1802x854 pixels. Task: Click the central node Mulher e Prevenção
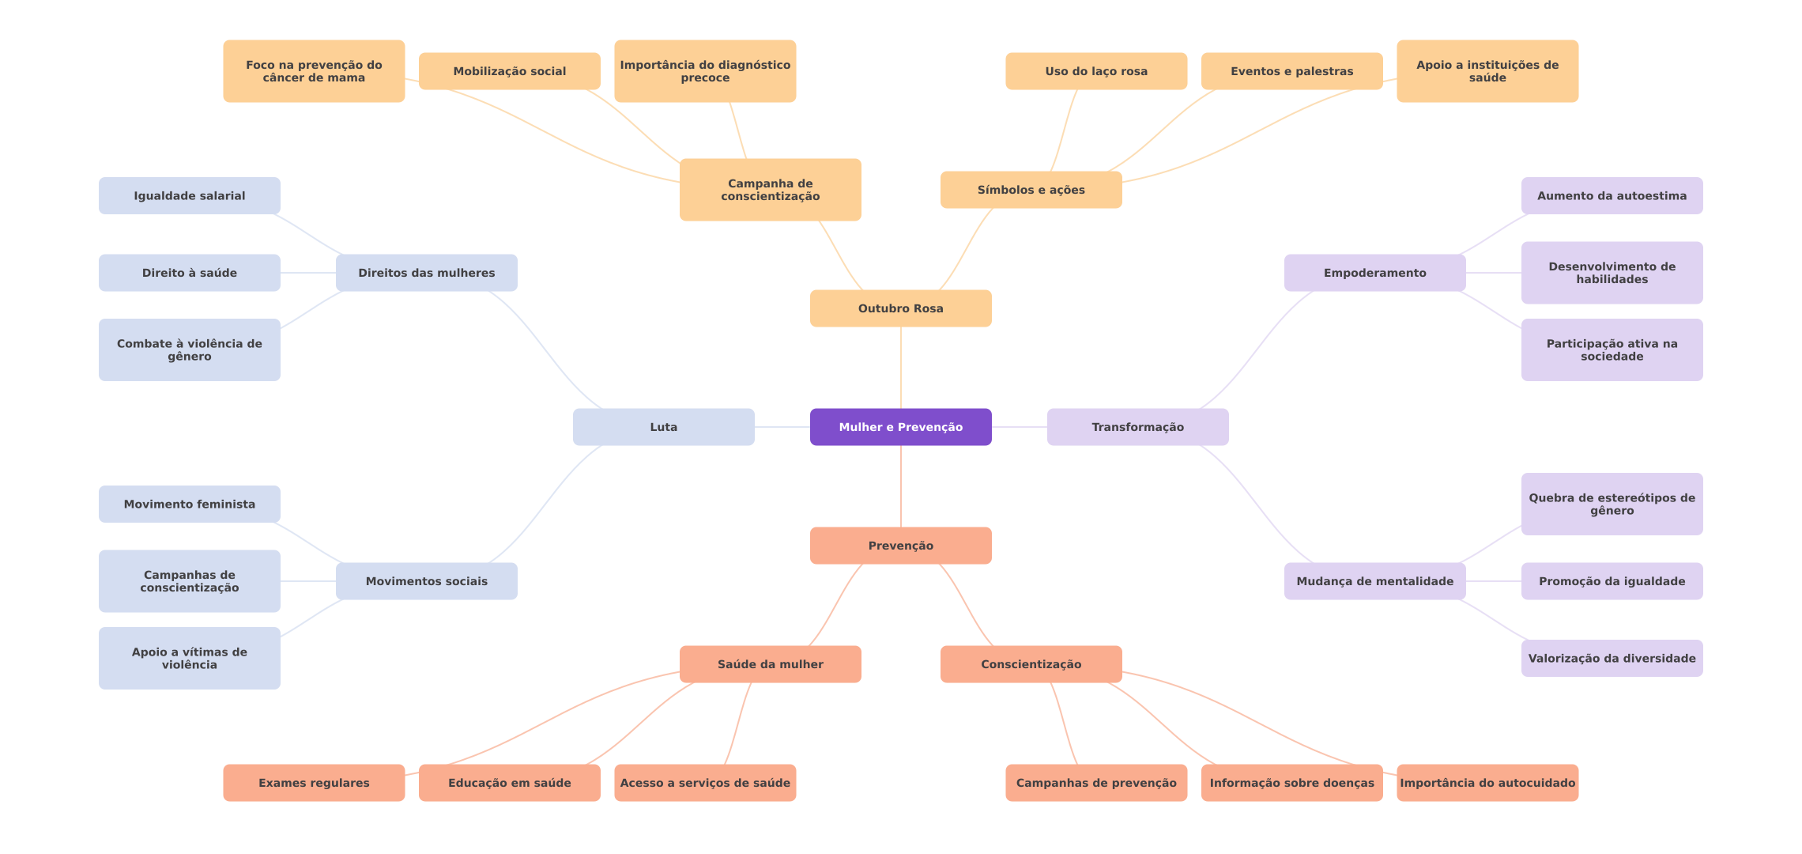900,427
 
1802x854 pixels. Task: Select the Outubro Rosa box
900,308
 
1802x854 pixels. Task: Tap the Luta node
663,427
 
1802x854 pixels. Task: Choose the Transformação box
1137,427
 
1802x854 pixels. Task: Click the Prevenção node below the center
900,546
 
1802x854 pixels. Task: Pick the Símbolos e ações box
1031,190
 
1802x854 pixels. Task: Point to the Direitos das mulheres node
426,273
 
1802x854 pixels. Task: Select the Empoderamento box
1374,273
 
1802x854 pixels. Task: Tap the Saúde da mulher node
770,664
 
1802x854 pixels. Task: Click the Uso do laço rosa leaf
1095,71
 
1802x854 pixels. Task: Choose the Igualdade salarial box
189,196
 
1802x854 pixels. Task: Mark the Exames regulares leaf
314,783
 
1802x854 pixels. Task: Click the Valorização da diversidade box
1612,659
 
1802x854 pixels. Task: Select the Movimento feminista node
189,504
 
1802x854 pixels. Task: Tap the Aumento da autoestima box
1612,196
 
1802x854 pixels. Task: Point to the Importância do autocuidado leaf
1487,783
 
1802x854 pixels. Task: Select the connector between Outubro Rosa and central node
901,368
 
